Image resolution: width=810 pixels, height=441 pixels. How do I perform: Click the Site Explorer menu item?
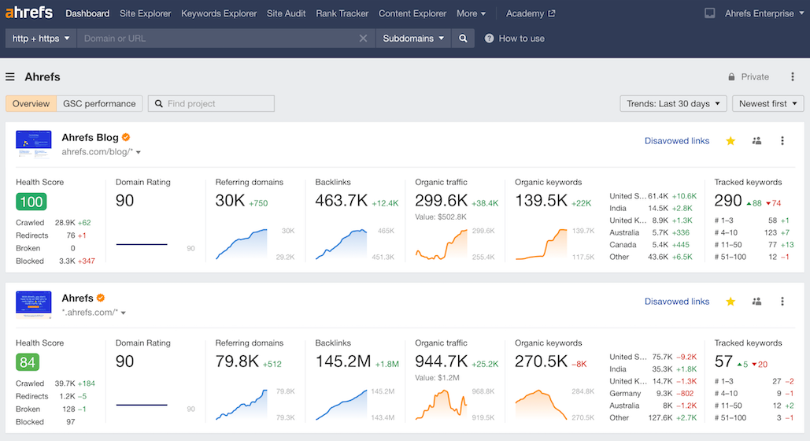tap(146, 13)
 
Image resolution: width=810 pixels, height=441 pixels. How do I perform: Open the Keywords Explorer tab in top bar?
tap(219, 13)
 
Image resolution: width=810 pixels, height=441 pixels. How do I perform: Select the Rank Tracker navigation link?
tap(342, 13)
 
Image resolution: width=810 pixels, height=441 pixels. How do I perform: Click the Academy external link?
tap(530, 13)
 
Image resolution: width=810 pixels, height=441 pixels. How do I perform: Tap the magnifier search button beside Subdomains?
tap(463, 39)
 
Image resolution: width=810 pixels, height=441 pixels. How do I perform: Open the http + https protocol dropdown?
tap(41, 39)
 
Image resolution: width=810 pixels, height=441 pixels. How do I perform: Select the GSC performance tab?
tap(99, 104)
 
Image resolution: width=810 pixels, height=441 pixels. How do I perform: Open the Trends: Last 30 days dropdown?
tap(673, 104)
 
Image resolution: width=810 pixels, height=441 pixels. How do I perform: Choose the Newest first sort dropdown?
tap(767, 104)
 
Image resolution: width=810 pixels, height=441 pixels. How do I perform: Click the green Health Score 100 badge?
tap(31, 202)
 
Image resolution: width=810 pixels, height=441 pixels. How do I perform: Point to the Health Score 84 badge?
tap(28, 362)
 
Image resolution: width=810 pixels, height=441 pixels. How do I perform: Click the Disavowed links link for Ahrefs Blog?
tap(676, 141)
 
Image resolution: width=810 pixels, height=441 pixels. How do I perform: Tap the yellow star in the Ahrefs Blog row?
tap(730, 141)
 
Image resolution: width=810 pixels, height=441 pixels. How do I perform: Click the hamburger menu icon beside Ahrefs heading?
tap(10, 77)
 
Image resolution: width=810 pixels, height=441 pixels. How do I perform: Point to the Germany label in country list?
tap(625, 393)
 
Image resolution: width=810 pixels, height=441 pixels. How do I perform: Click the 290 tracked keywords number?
tap(728, 201)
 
